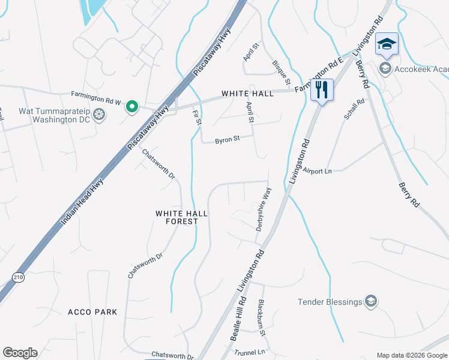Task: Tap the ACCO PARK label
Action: [92, 312]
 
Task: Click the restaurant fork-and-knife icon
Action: [322, 90]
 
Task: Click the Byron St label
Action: [228, 139]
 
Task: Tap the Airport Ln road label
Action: [318, 171]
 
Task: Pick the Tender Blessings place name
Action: [330, 301]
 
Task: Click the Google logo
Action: [20, 353]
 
